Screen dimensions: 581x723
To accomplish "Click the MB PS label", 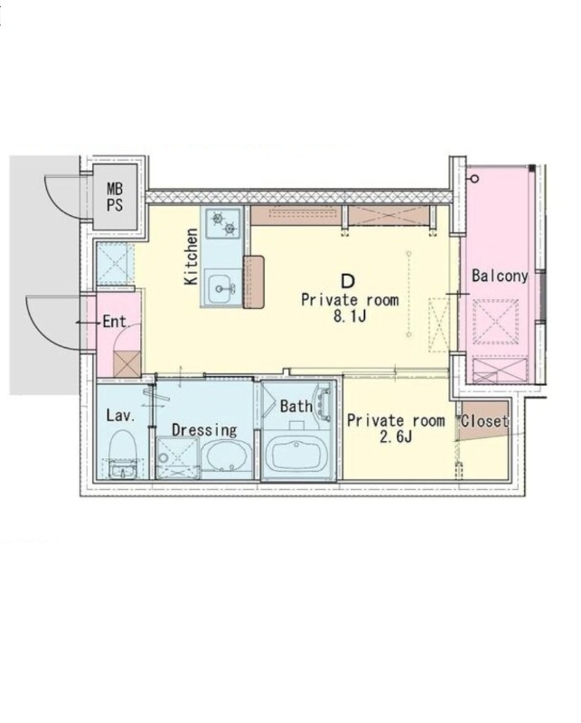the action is point(115,197).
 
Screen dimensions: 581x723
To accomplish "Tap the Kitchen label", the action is point(191,257).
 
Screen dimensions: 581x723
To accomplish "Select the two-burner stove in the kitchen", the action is point(223,222).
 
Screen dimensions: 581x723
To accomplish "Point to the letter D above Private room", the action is point(348,281).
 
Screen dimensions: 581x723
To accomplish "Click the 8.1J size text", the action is point(349,316).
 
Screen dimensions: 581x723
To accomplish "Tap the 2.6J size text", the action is point(395,437).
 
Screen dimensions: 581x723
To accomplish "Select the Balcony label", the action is point(500,276).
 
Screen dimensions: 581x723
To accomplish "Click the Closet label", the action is point(485,421).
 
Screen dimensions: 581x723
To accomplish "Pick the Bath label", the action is point(296,406).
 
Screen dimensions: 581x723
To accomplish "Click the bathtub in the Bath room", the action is point(298,455).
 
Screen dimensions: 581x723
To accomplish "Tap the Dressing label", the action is point(204,430).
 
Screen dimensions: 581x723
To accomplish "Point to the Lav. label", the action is point(121,416).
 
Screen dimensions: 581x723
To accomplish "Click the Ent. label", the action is point(116,322).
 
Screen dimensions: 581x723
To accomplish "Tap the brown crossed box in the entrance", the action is point(127,364).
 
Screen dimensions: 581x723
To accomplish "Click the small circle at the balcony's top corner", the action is point(474,178).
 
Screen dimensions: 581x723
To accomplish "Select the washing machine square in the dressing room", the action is point(177,457).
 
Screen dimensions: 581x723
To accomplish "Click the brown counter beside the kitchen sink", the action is point(254,282).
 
